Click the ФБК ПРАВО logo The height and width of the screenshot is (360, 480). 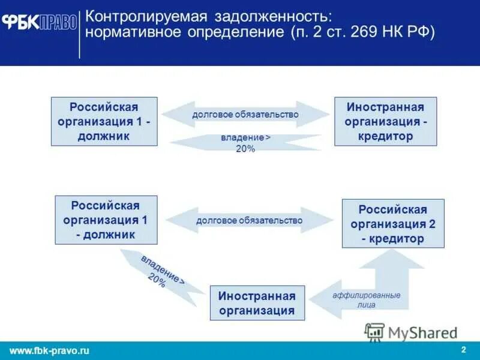[x=40, y=22]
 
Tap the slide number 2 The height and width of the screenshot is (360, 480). [x=463, y=350]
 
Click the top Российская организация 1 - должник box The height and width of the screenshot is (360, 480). [x=104, y=121]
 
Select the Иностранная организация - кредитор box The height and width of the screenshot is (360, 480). [x=385, y=121]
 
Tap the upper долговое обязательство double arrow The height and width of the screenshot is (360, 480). [x=245, y=114]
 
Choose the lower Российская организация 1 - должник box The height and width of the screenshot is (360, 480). [x=106, y=220]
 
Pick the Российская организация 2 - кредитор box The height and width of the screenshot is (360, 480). [x=393, y=224]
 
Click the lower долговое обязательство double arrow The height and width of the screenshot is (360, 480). [x=249, y=220]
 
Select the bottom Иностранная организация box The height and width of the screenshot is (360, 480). [x=257, y=302]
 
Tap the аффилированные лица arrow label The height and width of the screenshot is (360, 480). [x=366, y=300]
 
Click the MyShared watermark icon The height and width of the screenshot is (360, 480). [x=375, y=332]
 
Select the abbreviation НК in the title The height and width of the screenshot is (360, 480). [x=392, y=31]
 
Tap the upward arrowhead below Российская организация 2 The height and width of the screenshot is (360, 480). [x=393, y=258]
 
